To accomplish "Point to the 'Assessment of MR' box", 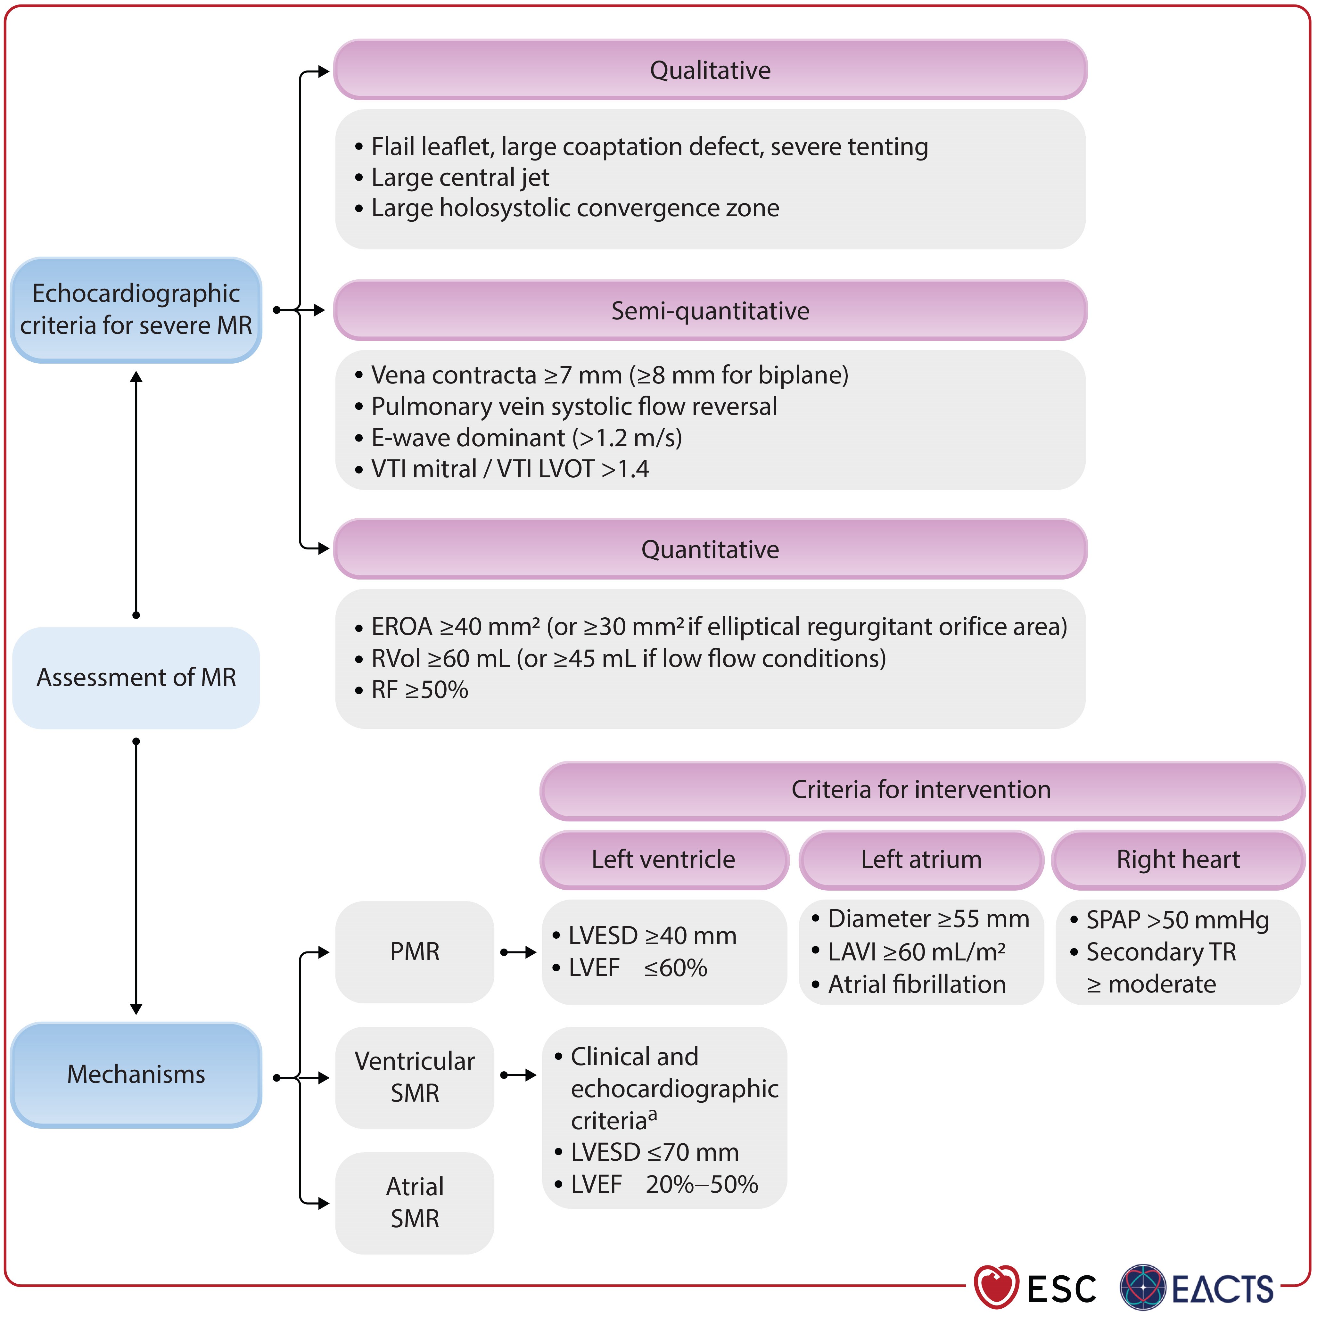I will click(136, 678).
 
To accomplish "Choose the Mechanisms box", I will click(136, 1074).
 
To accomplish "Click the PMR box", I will click(415, 951).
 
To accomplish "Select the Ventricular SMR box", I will click(415, 1077).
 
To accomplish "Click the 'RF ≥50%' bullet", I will click(419, 690).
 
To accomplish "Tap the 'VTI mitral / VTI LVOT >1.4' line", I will click(510, 469).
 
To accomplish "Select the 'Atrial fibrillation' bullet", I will click(916, 984).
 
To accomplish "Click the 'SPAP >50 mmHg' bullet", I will click(1177, 920).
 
